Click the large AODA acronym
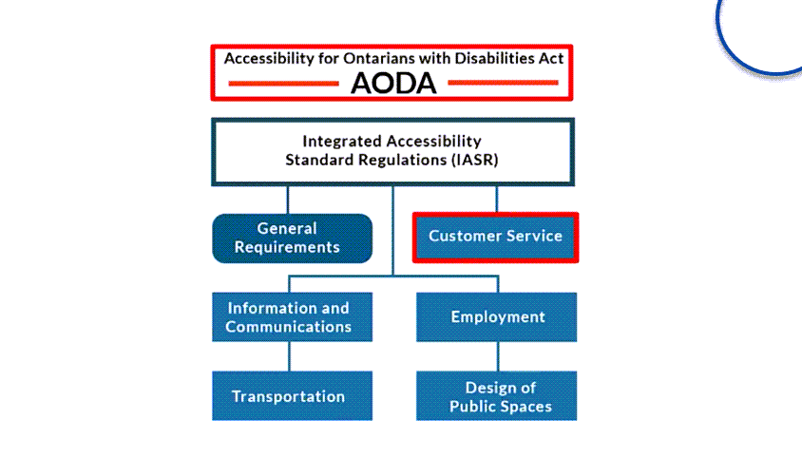pyautogui.click(x=393, y=83)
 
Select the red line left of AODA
pyautogui.click(x=283, y=84)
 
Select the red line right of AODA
pyautogui.click(x=503, y=83)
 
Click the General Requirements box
pyautogui.click(x=292, y=239)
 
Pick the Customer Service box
pyautogui.click(x=496, y=238)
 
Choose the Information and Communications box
pyautogui.click(x=292, y=316)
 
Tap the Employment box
pyautogui.click(x=497, y=316)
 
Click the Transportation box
pyautogui.click(x=292, y=395)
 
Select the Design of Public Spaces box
pyautogui.click(x=497, y=395)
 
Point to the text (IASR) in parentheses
pyautogui.click(x=474, y=161)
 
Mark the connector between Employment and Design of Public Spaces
pyautogui.click(x=498, y=356)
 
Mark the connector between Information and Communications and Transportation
pyautogui.click(x=290, y=356)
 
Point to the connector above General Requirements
pyautogui.click(x=288, y=200)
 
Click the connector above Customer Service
pyautogui.click(x=497, y=199)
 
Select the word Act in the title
pyautogui.click(x=551, y=58)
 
